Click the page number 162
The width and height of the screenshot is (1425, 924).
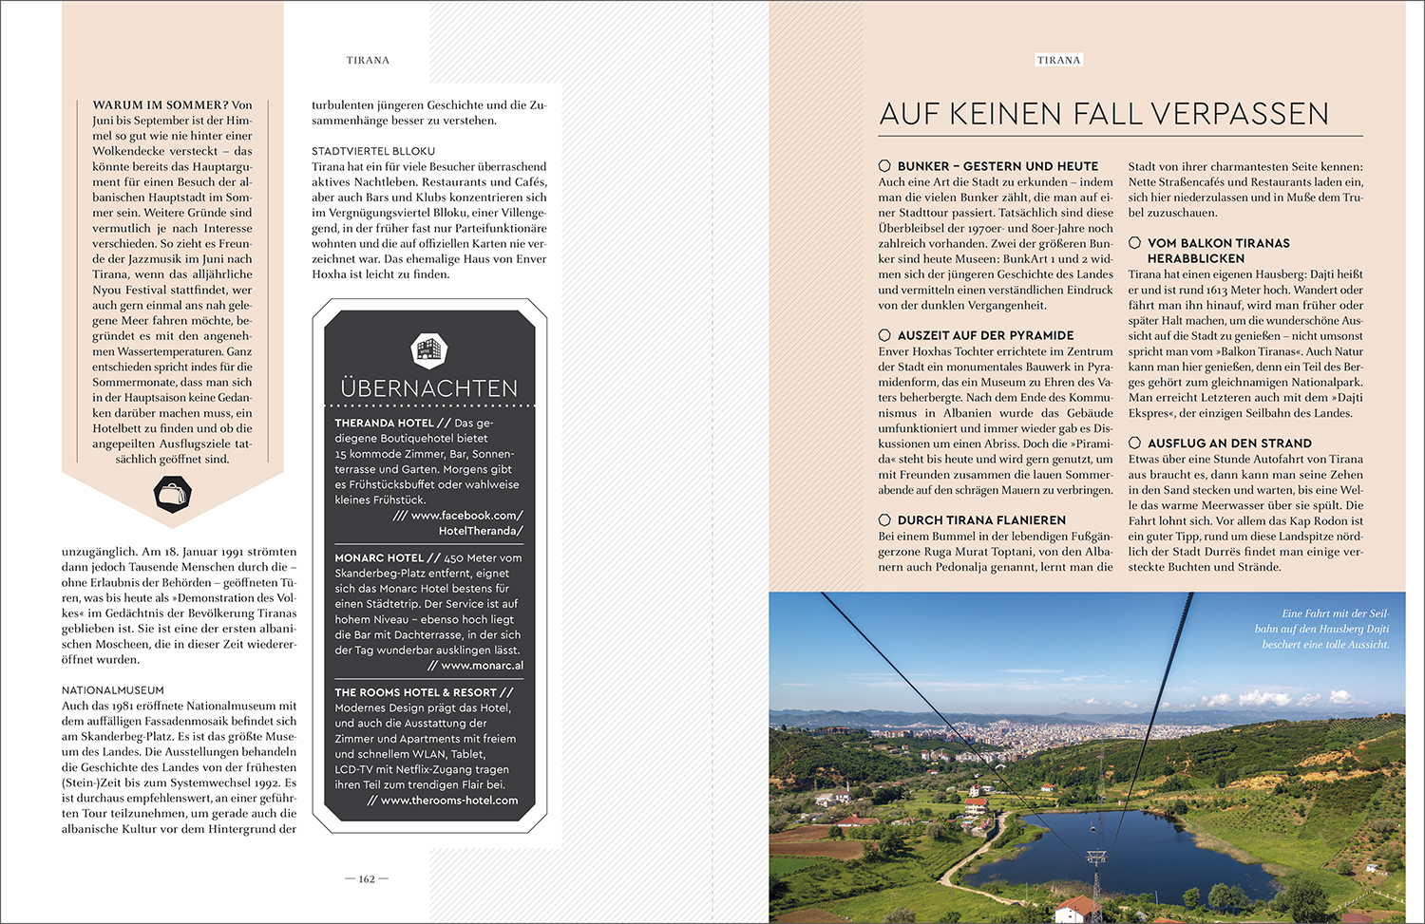pos(367,879)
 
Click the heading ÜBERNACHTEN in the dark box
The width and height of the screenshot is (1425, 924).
pos(429,388)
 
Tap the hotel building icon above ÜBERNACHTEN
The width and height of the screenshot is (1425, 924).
pos(429,349)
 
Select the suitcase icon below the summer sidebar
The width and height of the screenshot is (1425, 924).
pos(172,493)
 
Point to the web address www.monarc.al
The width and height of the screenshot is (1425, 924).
pos(482,666)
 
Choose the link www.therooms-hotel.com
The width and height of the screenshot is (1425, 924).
pos(449,801)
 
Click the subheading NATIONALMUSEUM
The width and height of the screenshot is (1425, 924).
pos(113,690)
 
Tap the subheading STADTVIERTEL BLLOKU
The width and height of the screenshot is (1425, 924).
pos(373,151)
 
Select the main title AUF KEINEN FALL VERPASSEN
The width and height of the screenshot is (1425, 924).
pos(1104,114)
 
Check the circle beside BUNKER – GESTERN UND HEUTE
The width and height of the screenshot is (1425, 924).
pos(884,166)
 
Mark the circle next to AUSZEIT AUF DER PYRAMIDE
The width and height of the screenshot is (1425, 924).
pos(884,335)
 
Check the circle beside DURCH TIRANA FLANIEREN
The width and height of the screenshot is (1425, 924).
pos(884,520)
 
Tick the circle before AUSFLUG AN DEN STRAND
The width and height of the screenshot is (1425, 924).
pos(1134,443)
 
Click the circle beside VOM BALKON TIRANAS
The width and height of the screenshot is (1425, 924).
pos(1134,243)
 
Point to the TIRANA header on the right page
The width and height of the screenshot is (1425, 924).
pos(1058,60)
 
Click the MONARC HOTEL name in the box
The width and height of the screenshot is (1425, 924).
pos(379,558)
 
